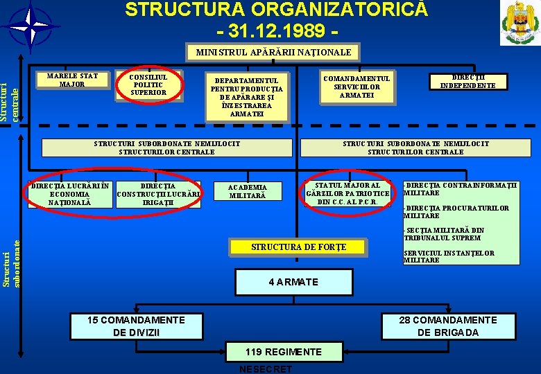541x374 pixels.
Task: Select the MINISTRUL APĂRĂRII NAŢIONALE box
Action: (273, 53)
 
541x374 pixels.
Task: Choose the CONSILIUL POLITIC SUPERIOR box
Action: (148, 84)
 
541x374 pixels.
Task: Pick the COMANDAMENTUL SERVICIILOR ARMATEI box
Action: (357, 87)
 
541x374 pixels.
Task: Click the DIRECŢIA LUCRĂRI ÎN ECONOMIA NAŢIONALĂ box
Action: (69, 194)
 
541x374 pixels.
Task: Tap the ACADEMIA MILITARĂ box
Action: (246, 191)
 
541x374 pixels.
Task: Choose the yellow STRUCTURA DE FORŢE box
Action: (298, 247)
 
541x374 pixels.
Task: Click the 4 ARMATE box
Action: (293, 282)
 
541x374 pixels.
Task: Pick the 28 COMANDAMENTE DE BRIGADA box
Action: (448, 326)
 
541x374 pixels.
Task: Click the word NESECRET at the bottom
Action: (265, 369)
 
